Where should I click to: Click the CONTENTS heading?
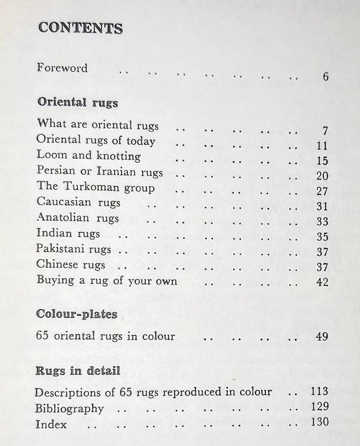(80, 28)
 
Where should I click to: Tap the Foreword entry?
(62, 67)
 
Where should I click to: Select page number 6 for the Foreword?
(325, 77)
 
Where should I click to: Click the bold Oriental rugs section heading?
(78, 103)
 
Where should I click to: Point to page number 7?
(325, 131)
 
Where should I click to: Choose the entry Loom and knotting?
(88, 156)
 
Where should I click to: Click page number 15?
(322, 161)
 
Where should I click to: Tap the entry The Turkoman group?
(95, 187)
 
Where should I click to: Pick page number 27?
(322, 191)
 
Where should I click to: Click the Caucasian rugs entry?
(78, 203)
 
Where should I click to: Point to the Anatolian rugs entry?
(77, 218)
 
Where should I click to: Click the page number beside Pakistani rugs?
(322, 252)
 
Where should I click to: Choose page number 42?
(322, 282)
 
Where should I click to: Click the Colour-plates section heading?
(77, 314)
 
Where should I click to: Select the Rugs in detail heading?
(78, 371)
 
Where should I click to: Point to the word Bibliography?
(69, 409)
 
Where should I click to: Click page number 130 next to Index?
(320, 422)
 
